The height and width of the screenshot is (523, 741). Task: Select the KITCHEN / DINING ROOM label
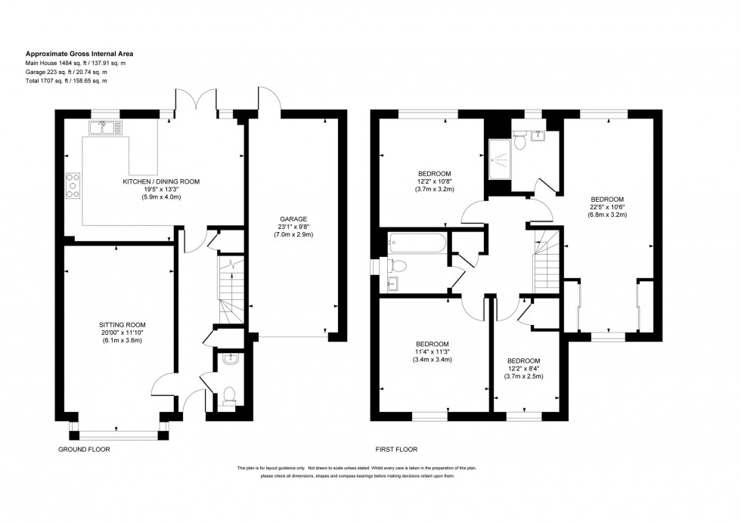coord(161,182)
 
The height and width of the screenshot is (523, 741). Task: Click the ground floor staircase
coord(229,287)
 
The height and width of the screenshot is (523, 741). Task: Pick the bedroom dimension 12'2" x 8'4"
coord(525,369)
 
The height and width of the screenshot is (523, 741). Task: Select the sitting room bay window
coord(118,435)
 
